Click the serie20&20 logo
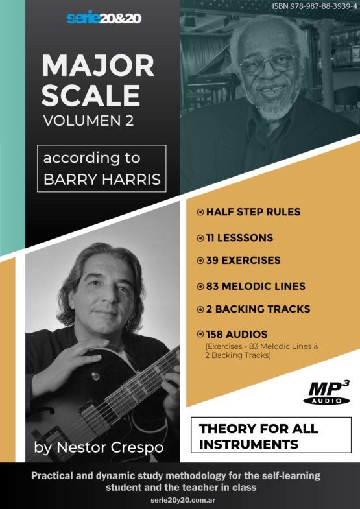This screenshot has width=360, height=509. [x=104, y=19]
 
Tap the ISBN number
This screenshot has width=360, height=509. [x=313, y=6]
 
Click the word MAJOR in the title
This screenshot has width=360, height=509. [x=98, y=65]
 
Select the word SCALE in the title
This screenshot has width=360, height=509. [x=91, y=95]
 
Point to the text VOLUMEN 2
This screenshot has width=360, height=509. [x=88, y=121]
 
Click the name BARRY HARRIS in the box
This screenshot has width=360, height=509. [x=102, y=180]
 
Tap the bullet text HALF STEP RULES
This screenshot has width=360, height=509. [x=253, y=212]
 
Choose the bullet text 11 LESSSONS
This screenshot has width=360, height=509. [x=239, y=237]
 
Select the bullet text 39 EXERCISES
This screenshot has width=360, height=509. [x=243, y=261]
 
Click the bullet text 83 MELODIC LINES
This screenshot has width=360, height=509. [x=256, y=286]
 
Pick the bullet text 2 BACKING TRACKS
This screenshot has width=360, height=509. [x=258, y=309]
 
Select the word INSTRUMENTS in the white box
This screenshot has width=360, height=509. [x=248, y=444]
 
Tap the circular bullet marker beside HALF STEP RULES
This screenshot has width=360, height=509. [x=200, y=212]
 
